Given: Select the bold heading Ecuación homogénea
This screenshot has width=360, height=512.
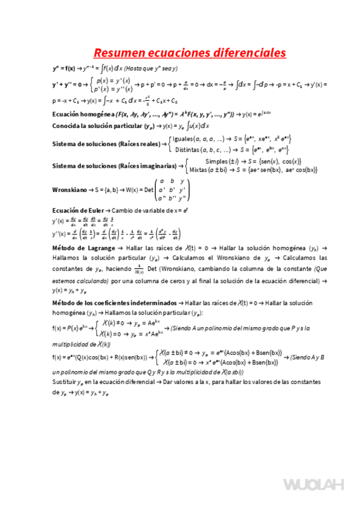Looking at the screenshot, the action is (x=78, y=114).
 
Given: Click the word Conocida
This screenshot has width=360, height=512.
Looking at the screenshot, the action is (x=67, y=126).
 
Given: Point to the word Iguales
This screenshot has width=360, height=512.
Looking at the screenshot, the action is (x=184, y=139).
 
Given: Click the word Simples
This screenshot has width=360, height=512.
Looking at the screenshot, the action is (x=218, y=161).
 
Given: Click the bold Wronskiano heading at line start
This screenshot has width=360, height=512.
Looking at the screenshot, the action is (x=69, y=189).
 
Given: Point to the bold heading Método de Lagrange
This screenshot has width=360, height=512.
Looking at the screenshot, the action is (x=83, y=248).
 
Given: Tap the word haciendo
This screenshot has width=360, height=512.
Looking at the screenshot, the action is (x=118, y=270).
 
